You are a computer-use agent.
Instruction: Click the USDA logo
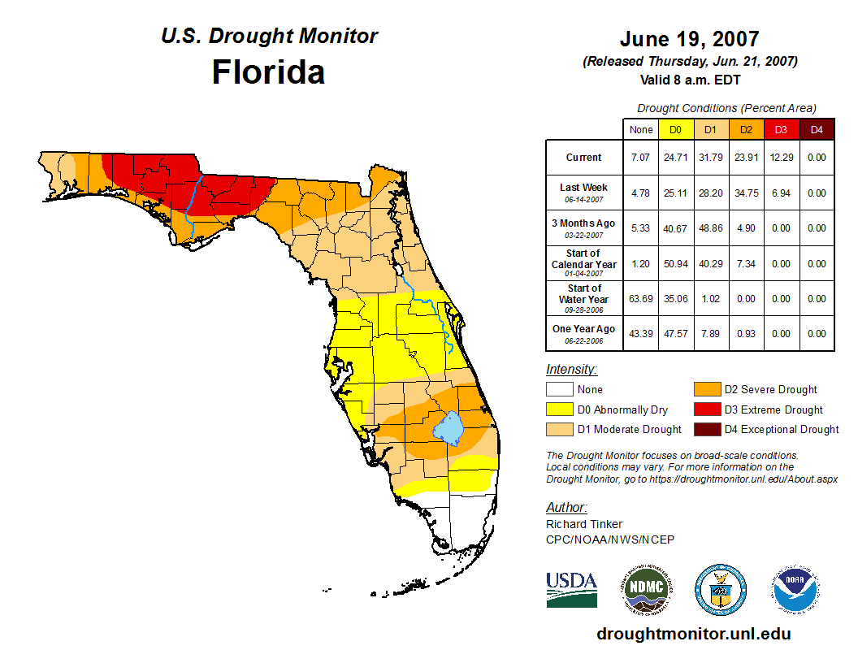coord(571,589)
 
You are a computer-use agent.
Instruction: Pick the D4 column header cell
coord(817,129)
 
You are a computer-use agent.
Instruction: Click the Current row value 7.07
coord(641,158)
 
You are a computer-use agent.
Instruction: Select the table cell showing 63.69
coord(641,299)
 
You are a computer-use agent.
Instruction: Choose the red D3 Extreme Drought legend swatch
coord(706,409)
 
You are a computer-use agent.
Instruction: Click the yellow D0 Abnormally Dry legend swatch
coord(559,409)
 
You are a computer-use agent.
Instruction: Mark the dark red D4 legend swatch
coord(706,429)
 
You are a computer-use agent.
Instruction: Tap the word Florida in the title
coord(268,72)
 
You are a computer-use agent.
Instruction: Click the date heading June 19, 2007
coord(689,39)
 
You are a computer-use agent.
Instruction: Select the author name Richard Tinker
coord(584,524)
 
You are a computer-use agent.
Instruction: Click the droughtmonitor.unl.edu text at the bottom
coord(693,634)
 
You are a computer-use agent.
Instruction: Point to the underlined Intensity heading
coord(571,370)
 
